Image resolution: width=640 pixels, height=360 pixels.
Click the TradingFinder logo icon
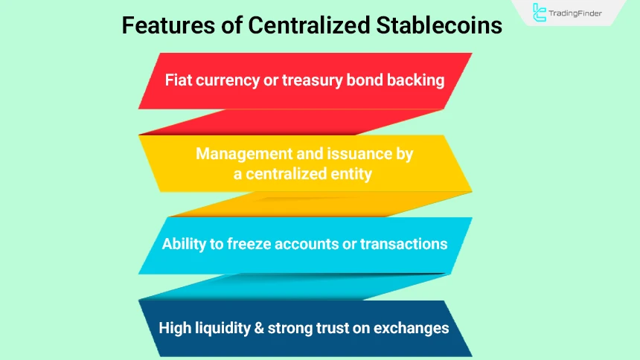tap(540, 13)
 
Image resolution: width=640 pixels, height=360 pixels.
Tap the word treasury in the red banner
tap(313, 80)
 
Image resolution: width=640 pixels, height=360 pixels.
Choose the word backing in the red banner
tap(415, 80)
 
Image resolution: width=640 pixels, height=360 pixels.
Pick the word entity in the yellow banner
tap(350, 173)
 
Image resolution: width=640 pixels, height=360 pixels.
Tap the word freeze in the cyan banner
tap(251, 244)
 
